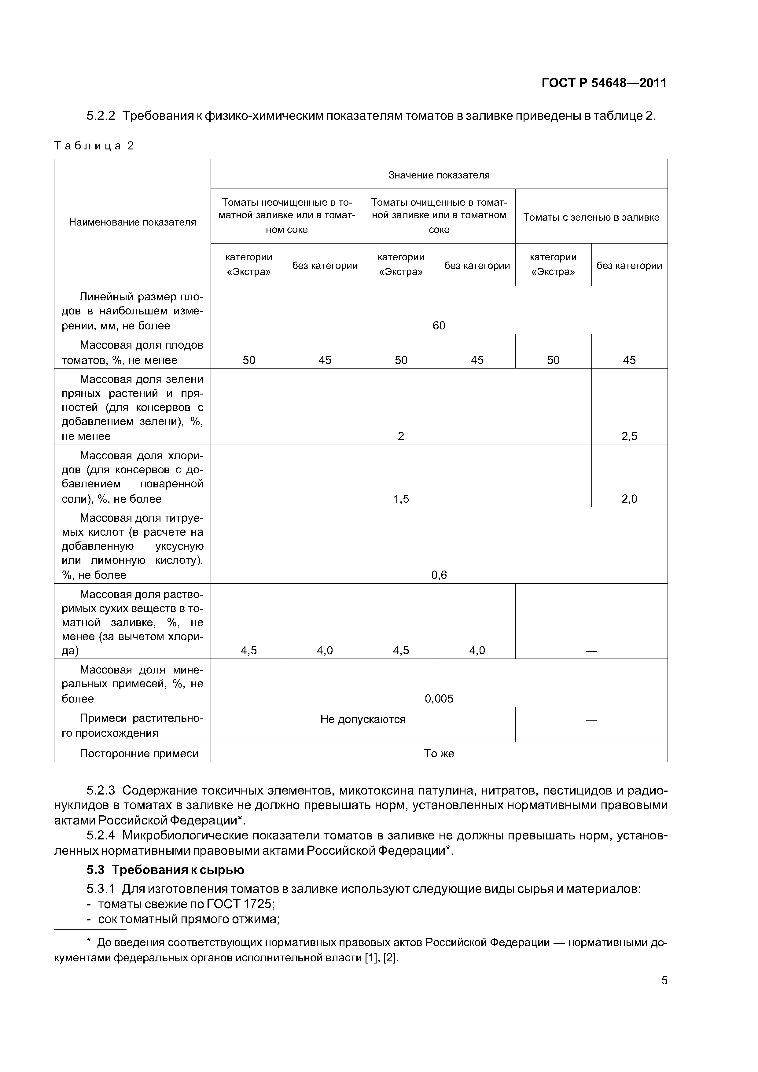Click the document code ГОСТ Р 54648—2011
604,83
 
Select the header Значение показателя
439,175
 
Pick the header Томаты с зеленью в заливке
591,217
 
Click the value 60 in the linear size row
439,325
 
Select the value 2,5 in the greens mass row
629,436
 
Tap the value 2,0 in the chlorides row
629,499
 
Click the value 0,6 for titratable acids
439,575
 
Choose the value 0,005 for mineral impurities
439,699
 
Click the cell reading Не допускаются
363,719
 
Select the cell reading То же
439,753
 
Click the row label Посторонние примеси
139,753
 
